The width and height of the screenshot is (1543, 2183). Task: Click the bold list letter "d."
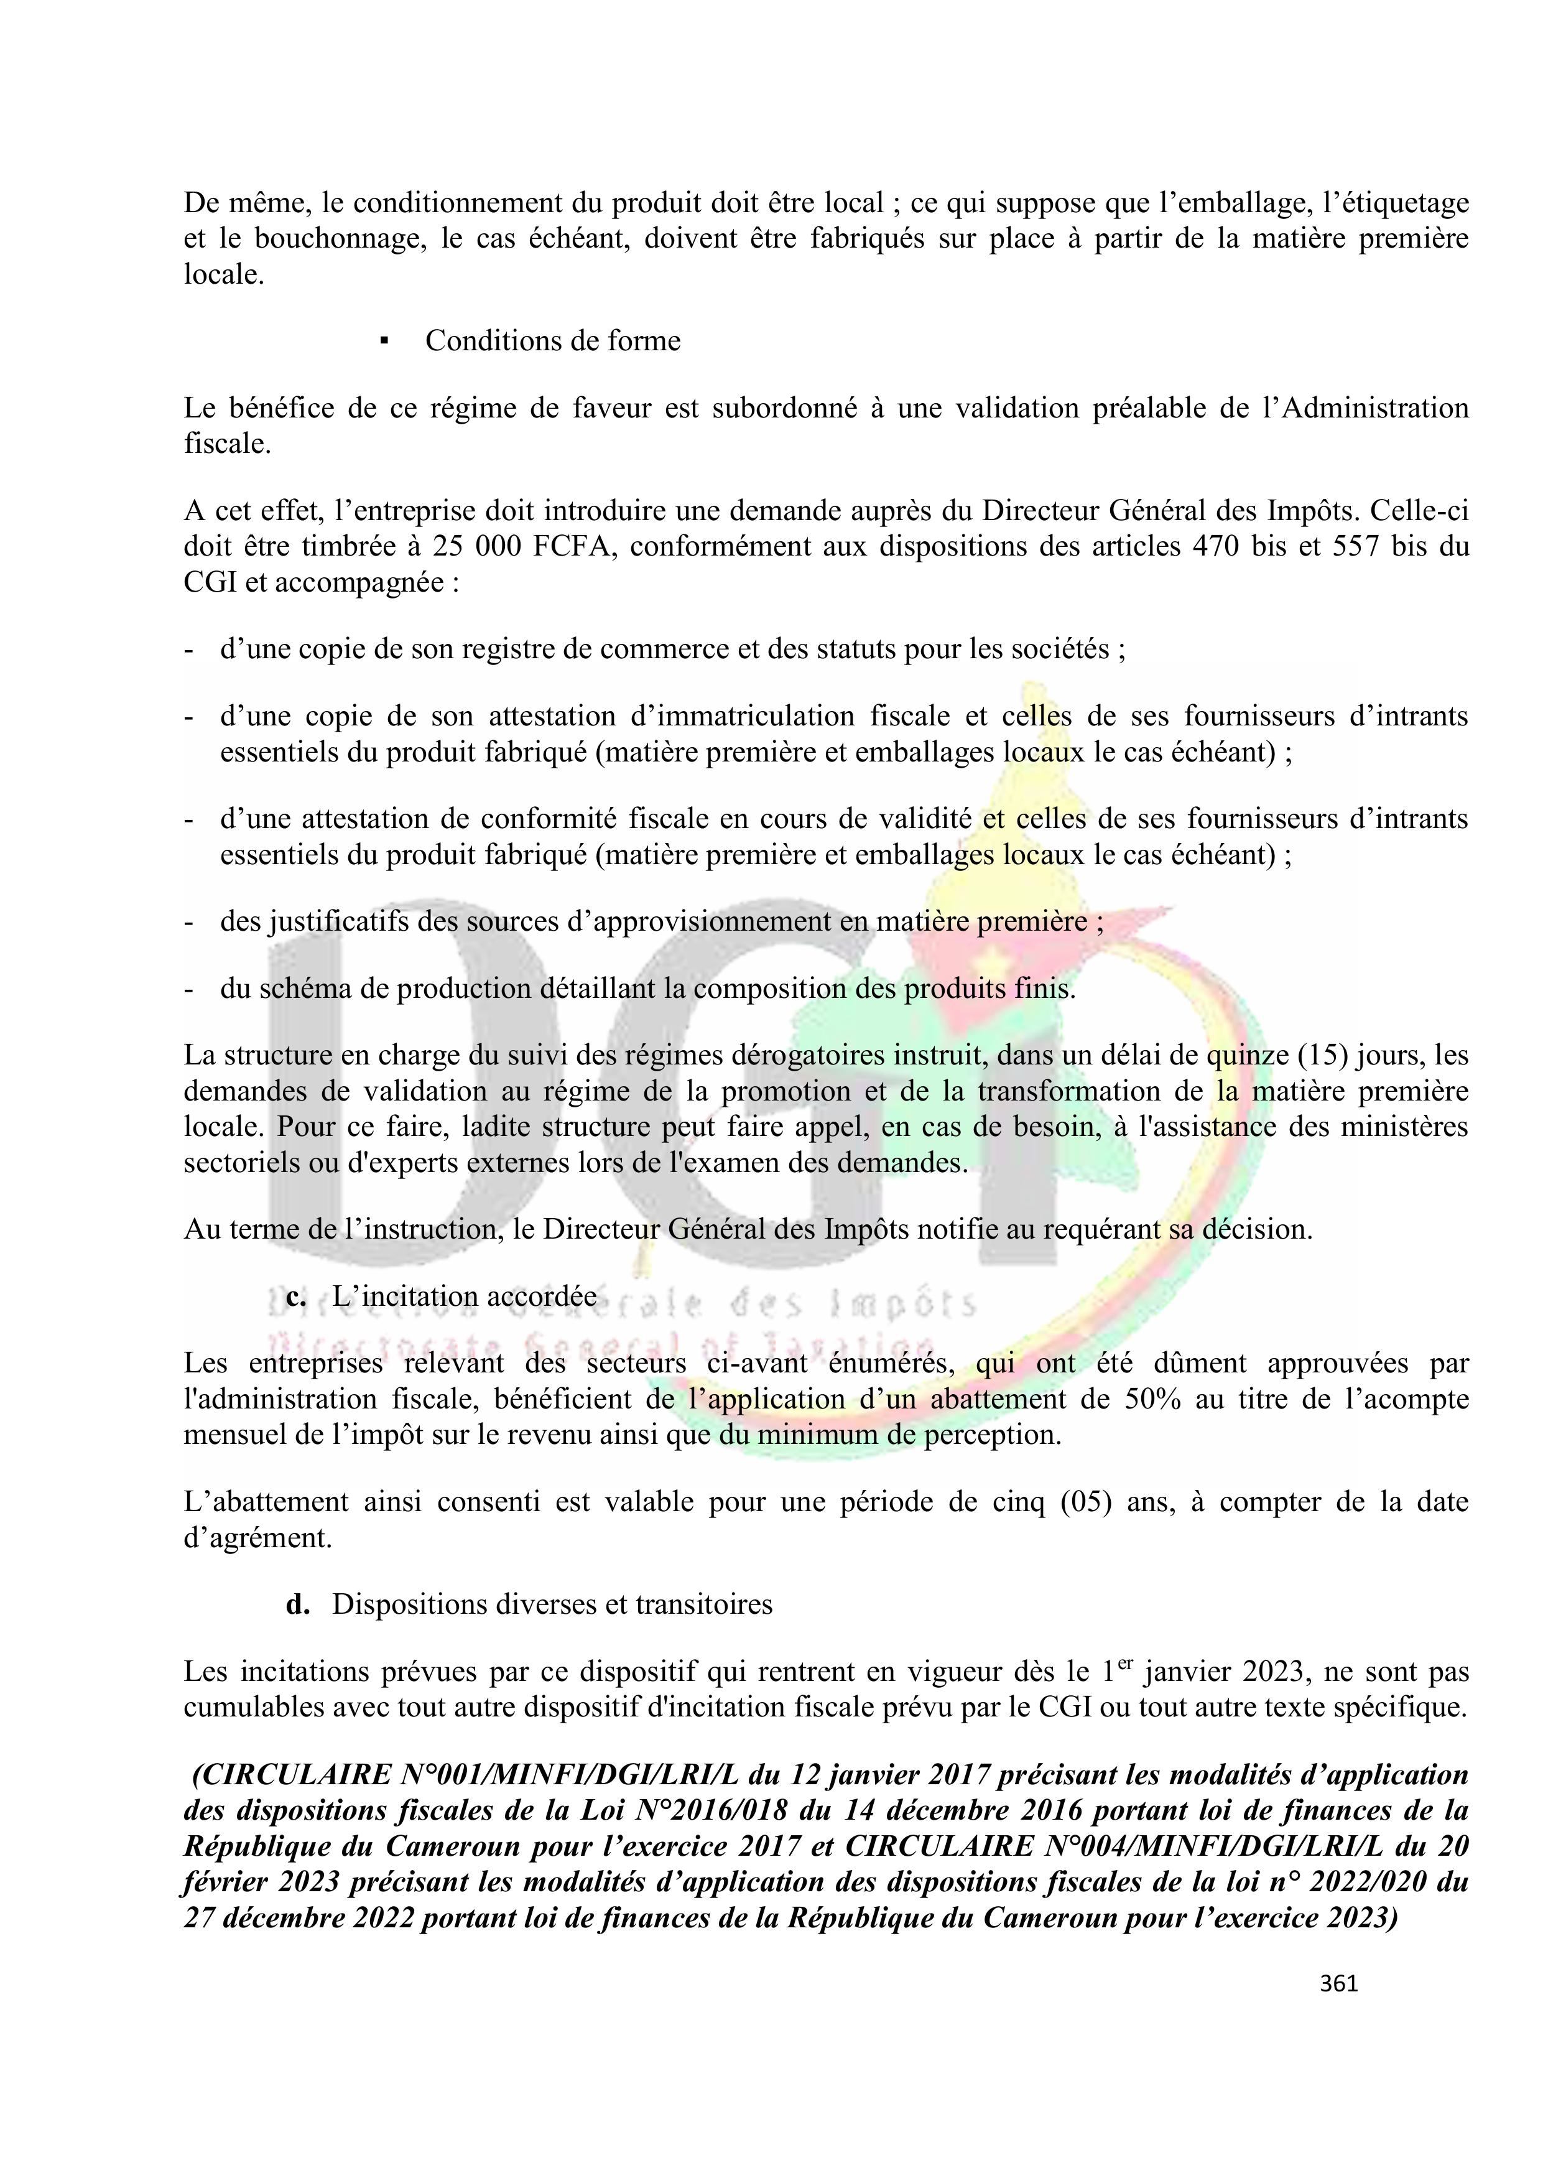pyautogui.click(x=297, y=1605)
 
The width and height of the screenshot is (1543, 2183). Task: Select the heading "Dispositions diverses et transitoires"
pyautogui.click(x=552, y=1605)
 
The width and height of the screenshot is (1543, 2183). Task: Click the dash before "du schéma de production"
pyautogui.click(x=189, y=989)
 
